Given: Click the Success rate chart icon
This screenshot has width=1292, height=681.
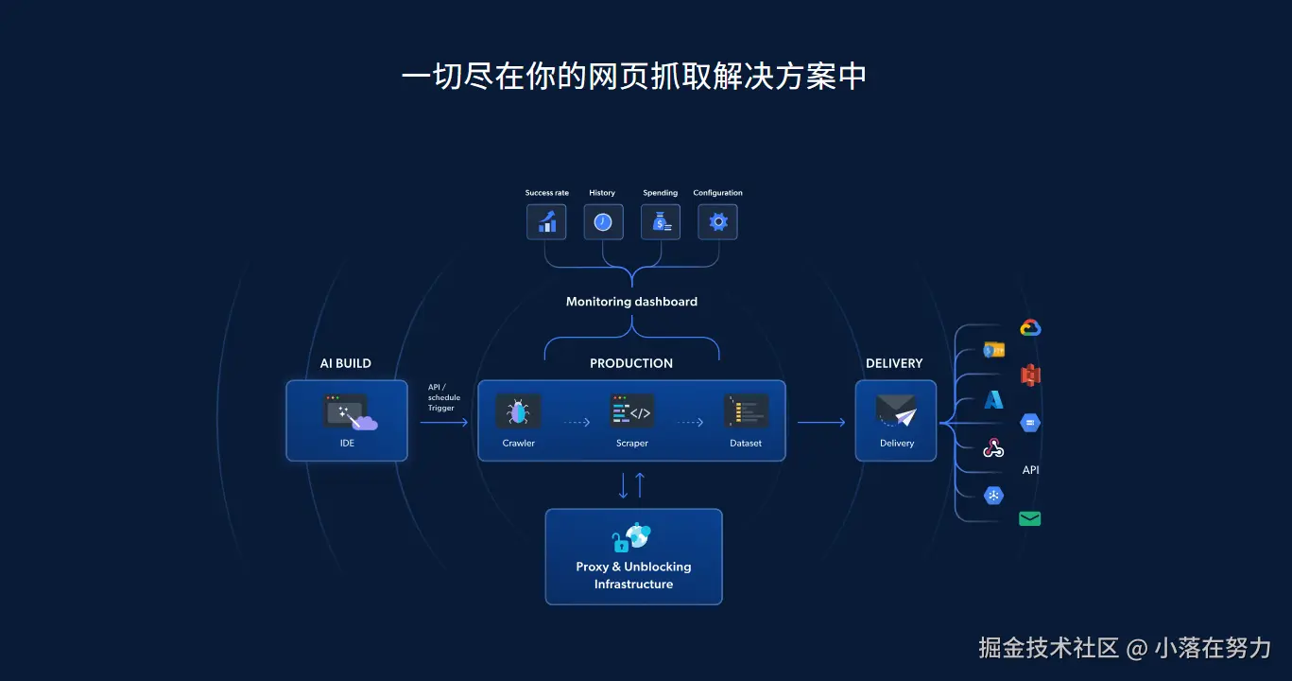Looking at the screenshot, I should (546, 222).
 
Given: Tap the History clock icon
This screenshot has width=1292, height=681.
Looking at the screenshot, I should (603, 222).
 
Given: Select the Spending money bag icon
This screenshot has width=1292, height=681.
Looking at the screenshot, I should (661, 222).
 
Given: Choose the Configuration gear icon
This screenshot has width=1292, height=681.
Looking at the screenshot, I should (717, 222).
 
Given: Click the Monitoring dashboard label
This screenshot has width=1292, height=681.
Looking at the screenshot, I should (631, 302).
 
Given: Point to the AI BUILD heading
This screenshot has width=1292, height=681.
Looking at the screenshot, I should (346, 363).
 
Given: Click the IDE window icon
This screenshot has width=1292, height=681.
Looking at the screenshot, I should (346, 411).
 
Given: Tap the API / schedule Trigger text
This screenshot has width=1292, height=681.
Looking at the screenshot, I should (443, 397).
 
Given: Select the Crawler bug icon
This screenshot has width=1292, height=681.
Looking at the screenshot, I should (518, 411).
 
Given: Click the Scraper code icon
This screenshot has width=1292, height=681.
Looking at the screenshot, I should (631, 411).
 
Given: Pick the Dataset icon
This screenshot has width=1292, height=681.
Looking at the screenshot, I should (746, 411).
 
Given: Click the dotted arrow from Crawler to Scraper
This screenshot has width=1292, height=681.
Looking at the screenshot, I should (577, 423).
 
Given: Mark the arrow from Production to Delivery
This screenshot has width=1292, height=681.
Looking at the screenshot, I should (820, 423).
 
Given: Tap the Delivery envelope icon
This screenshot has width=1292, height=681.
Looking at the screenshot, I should (896, 411).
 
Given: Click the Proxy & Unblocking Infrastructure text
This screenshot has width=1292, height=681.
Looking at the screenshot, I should (633, 575).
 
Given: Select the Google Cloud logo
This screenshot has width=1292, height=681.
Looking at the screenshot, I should (1030, 328).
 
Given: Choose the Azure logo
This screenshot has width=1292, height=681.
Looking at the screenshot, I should (993, 400).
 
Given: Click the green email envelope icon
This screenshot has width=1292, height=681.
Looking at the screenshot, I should (1030, 518).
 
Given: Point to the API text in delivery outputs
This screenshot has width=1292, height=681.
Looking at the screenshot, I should (1030, 470).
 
